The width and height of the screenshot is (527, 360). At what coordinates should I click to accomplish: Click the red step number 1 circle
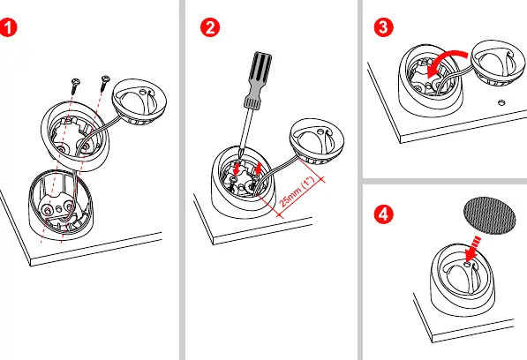click(7, 27)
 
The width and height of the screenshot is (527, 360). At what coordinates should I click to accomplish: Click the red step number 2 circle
click(210, 27)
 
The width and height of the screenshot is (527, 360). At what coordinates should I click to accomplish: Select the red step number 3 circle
click(383, 27)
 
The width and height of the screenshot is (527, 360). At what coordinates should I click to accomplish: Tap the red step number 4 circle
click(383, 214)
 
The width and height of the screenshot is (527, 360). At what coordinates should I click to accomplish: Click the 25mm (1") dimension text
click(297, 191)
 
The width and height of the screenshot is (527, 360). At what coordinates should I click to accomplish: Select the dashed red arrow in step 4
click(472, 249)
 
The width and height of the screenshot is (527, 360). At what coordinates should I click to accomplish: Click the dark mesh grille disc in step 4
click(489, 215)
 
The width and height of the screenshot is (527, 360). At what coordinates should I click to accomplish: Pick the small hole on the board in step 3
click(501, 102)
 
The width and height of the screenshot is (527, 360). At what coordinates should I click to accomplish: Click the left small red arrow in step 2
click(237, 169)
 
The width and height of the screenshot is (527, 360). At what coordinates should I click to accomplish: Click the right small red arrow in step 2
click(258, 169)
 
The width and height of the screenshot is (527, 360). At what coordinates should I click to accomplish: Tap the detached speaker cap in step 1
click(139, 101)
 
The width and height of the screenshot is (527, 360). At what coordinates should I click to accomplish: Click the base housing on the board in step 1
click(61, 205)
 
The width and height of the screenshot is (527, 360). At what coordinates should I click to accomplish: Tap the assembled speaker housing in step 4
click(463, 281)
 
